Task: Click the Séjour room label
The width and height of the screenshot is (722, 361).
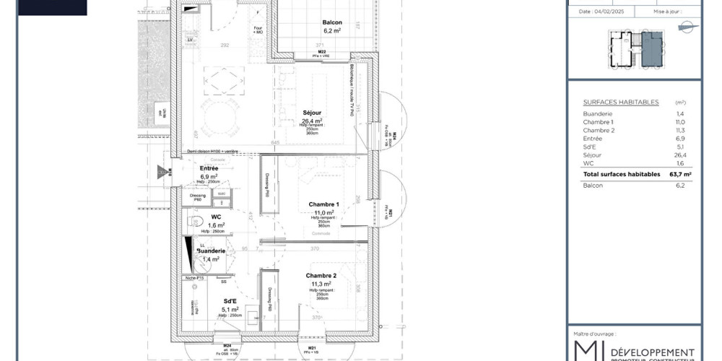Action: [312, 113]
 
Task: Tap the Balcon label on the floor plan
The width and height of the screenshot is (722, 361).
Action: [332, 22]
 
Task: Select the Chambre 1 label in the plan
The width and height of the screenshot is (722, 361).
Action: [323, 204]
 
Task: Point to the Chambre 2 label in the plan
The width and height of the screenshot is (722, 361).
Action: [321, 276]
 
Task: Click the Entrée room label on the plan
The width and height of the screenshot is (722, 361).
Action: [209, 168]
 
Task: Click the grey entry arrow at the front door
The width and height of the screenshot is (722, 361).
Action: [162, 173]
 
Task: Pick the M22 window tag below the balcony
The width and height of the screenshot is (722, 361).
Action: [322, 52]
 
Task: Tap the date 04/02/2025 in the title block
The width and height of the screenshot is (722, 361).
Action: [595, 12]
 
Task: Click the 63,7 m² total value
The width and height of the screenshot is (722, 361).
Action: [680, 174]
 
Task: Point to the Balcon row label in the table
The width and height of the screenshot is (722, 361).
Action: [593, 186]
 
